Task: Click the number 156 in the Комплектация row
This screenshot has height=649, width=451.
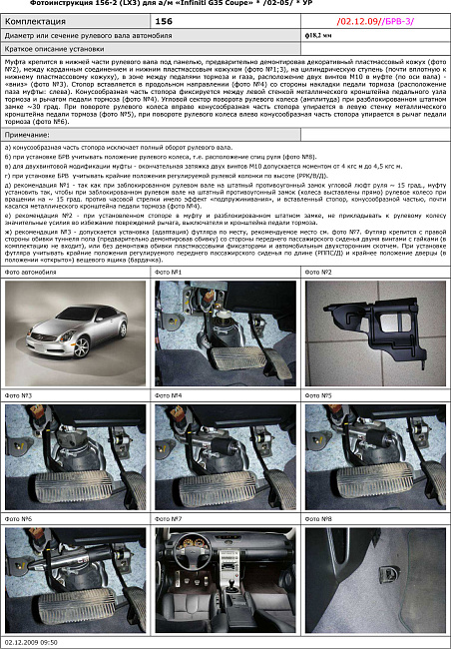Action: point(164,19)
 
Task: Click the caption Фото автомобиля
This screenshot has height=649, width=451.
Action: point(33,272)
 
